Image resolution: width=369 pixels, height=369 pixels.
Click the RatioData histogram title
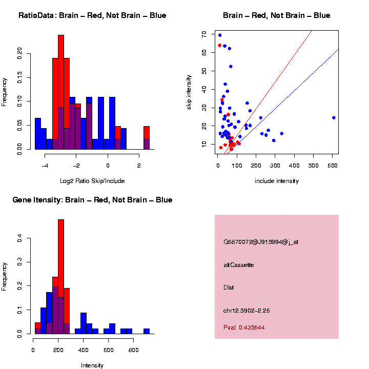92,15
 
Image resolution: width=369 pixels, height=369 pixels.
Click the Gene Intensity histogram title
92,200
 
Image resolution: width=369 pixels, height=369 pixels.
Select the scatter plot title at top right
276,15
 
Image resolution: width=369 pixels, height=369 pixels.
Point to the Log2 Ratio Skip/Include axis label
92,181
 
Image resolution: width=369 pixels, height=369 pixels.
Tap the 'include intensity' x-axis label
276,181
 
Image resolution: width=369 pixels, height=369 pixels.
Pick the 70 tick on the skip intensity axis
204,34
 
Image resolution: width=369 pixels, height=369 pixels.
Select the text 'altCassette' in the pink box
238,265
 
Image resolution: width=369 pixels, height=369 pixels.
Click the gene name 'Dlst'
229,288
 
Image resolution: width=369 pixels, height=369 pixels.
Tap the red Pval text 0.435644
244,327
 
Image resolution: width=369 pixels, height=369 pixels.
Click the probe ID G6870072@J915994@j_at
261,242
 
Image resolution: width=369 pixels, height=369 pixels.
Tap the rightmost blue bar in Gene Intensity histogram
147,331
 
